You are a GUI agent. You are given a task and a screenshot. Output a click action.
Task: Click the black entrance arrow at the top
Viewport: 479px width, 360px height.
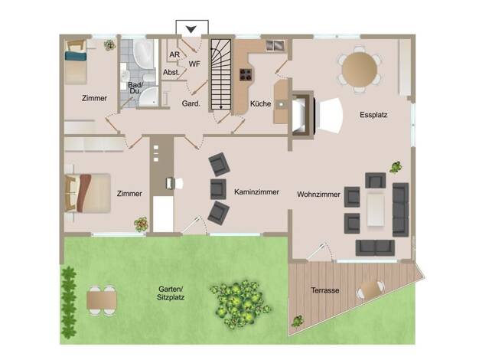(x=191, y=29)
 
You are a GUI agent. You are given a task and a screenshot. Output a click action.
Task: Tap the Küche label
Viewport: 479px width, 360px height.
(x=260, y=103)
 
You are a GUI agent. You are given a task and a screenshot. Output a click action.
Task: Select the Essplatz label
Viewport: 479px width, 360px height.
(x=373, y=115)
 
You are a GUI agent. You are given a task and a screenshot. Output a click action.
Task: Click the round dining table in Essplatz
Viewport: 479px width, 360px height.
(x=360, y=69)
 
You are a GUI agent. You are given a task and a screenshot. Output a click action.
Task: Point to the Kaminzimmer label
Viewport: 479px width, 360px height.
(x=256, y=192)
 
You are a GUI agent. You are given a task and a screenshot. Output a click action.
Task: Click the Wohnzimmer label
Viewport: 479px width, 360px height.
(x=318, y=195)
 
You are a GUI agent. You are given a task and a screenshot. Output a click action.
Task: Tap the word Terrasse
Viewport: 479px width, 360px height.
(x=325, y=290)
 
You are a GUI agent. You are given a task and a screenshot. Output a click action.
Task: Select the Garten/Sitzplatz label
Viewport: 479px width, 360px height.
(x=171, y=293)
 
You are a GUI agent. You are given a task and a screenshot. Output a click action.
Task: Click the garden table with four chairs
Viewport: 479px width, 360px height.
(x=102, y=300)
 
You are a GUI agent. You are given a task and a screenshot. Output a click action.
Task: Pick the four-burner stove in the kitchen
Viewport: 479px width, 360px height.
(x=246, y=74)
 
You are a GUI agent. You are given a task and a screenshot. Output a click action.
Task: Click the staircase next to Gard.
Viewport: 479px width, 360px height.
(x=221, y=74)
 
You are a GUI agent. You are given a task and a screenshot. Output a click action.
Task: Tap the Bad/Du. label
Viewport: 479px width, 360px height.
(x=135, y=88)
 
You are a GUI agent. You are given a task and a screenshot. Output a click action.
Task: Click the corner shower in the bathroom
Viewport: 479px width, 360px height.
(x=148, y=97)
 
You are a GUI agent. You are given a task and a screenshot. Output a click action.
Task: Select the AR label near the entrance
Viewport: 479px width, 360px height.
(x=174, y=54)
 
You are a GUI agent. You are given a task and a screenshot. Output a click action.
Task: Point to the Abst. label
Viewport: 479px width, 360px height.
(x=171, y=73)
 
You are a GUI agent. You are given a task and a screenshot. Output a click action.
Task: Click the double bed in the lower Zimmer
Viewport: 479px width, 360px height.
(x=88, y=193)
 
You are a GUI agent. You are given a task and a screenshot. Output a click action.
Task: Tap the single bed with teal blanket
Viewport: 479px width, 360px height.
(x=76, y=62)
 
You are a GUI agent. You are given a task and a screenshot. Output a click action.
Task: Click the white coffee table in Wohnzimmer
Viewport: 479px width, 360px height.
(x=376, y=210)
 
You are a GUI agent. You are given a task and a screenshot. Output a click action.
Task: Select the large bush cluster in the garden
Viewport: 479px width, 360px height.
(x=239, y=303)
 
